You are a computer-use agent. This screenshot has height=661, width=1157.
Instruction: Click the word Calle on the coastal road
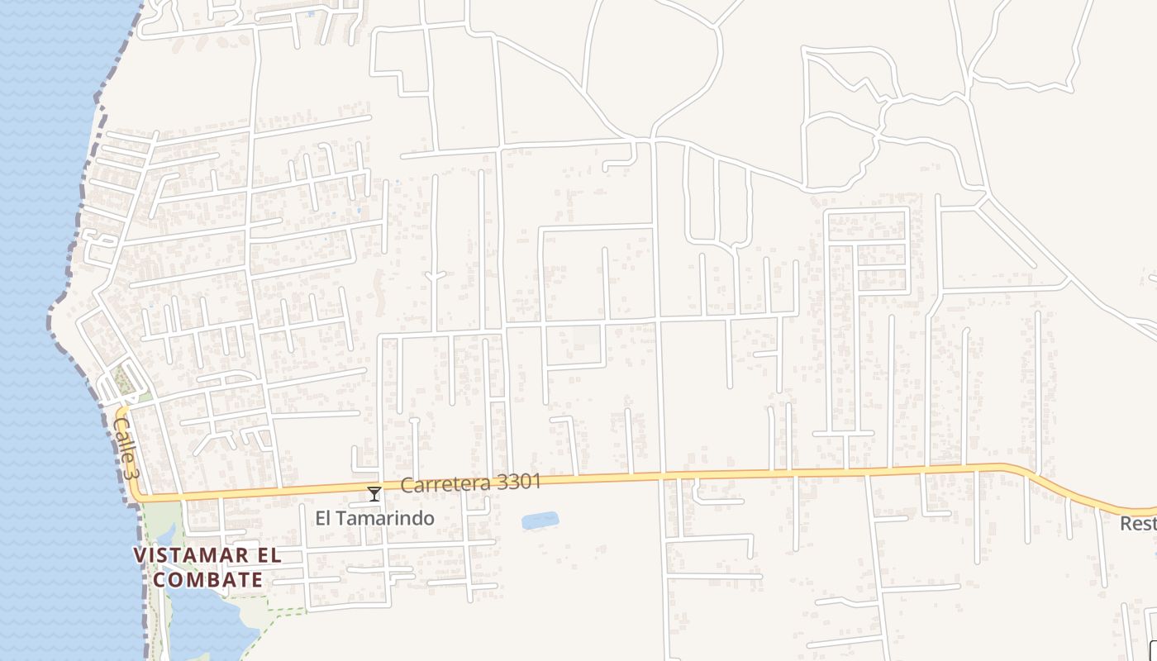coord(121,438)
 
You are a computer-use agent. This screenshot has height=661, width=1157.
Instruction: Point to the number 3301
coord(513,481)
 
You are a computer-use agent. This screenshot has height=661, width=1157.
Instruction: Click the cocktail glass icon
coord(374,494)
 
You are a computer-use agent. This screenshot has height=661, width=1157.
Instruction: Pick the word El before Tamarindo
coord(324,519)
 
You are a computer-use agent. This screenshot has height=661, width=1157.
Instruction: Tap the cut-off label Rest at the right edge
coord(1139,524)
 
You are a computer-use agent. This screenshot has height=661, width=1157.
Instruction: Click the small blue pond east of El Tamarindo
coord(540,521)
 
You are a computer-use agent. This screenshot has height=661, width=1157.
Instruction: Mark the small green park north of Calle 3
coord(124,379)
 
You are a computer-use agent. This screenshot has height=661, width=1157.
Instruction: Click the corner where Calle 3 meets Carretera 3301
coord(136,497)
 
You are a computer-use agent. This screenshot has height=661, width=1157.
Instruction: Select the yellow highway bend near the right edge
coord(1041,479)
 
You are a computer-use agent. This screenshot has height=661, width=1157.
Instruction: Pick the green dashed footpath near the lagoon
coord(281,613)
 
